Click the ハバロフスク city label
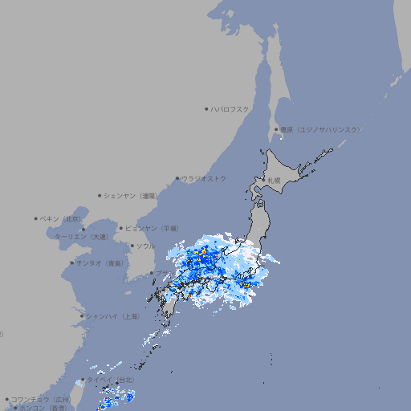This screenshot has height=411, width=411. coord(230,108)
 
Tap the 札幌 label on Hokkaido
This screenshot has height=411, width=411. coord(275,180)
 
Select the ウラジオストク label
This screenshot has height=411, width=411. coord(204,178)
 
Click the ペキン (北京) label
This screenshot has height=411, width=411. coord(62,218)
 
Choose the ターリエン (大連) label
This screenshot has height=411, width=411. coord(80,237)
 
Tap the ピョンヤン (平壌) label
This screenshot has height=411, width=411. coord(152,228)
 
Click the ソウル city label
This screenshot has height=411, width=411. coord(145,246)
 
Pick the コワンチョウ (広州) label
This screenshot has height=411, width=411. coord(41,399)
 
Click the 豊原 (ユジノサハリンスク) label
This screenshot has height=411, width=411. coord(320,129)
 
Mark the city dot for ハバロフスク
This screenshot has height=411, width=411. coord(206,108)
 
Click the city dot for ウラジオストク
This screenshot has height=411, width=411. coord(177,178)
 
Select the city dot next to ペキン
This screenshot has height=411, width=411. coord(36,218)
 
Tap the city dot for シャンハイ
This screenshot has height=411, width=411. coord(82,316)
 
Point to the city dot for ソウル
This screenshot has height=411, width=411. coord(132,246)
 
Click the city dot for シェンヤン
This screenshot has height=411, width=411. coord(100,195)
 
